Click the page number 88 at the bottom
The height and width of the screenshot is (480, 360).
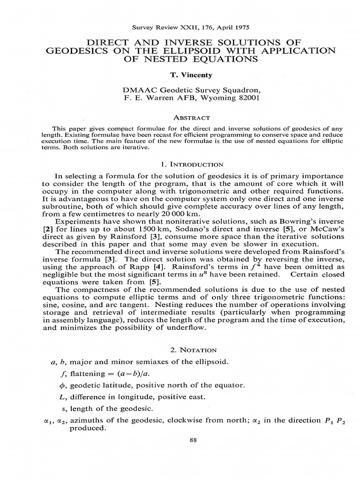tap(180, 453)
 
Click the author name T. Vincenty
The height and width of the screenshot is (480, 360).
tap(180, 75)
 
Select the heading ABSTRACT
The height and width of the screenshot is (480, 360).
tap(180, 118)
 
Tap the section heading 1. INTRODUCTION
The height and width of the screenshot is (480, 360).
tap(180, 165)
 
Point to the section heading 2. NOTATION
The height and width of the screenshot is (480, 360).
tap(180, 350)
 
